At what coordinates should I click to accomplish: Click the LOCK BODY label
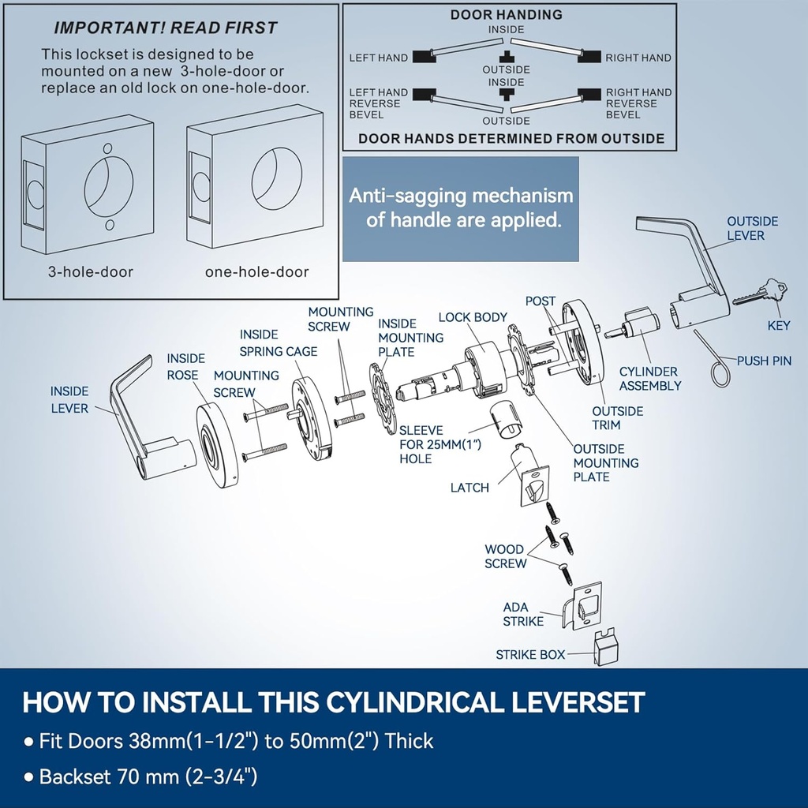[473, 317]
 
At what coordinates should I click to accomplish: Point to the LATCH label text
[469, 488]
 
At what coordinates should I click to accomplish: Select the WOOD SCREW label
[505, 556]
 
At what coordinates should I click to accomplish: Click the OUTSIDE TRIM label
[618, 417]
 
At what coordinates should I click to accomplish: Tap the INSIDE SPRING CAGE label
[279, 343]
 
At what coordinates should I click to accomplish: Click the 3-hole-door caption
[91, 272]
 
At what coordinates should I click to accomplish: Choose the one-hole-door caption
[256, 272]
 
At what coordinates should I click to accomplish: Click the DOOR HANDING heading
[506, 14]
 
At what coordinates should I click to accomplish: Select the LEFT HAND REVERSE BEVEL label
[379, 103]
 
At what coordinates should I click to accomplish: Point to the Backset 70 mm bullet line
[148, 776]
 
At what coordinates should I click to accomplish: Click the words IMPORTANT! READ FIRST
[165, 28]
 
